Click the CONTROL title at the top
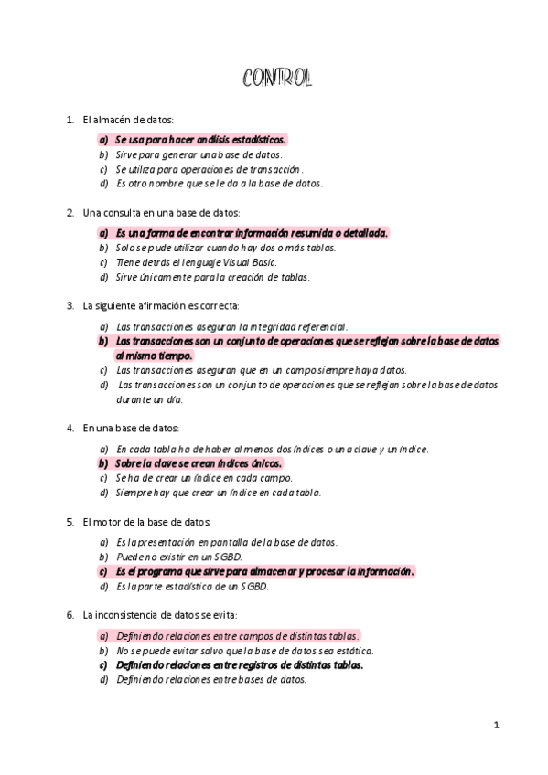[x=277, y=80]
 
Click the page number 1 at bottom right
[x=496, y=726]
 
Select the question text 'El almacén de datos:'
[x=128, y=120]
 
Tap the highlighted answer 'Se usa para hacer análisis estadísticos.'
[x=200, y=140]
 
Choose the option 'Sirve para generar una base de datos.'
[x=199, y=154]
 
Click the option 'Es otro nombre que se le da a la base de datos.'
[x=219, y=183]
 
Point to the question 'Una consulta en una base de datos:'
[x=161, y=213]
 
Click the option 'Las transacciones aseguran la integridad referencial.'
[x=231, y=326]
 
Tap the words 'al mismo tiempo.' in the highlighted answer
[x=154, y=356]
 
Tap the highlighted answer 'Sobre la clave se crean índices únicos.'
[x=199, y=463]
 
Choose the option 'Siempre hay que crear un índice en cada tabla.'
[x=219, y=493]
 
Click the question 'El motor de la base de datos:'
[x=146, y=522]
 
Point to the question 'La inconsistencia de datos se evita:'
[x=159, y=615]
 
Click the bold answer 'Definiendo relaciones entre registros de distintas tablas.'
[x=240, y=665]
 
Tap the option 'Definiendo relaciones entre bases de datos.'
[x=211, y=680]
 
